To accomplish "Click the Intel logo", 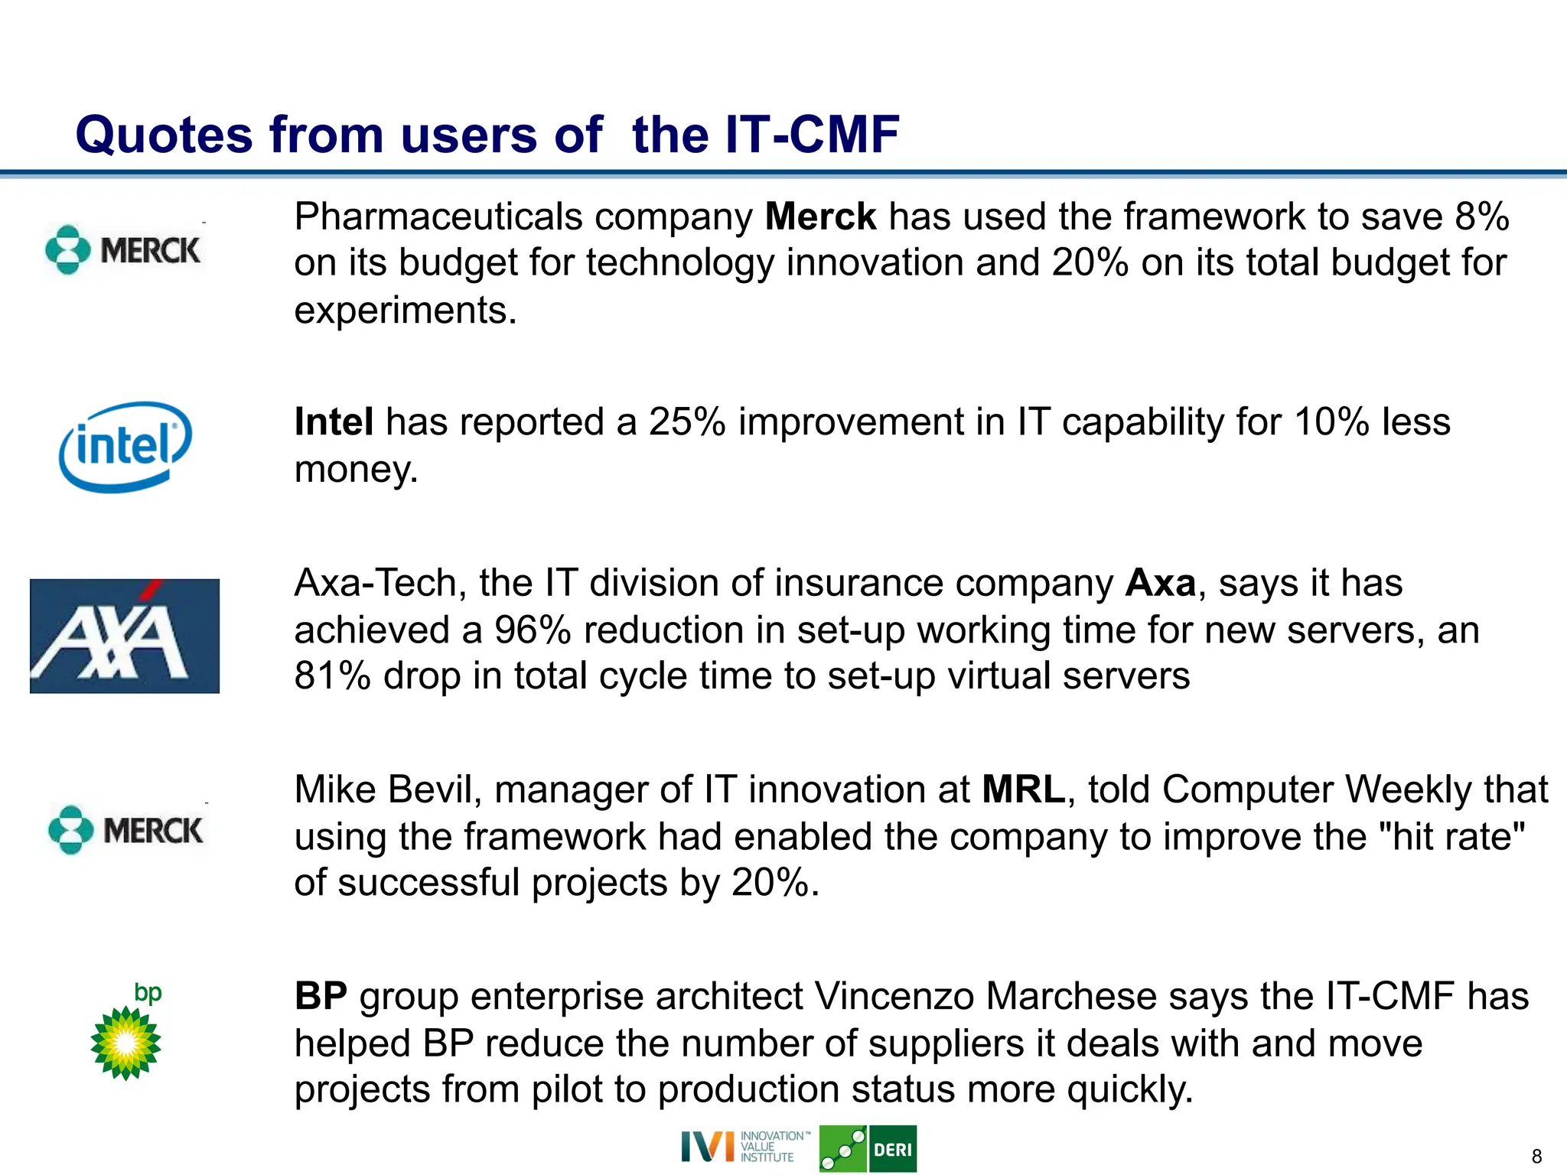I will click(x=125, y=447).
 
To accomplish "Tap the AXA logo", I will click(x=125, y=636).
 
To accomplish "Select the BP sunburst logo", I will click(x=126, y=1042).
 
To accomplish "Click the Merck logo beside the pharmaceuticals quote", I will click(x=123, y=249).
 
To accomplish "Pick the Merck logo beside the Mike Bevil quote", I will click(x=126, y=830).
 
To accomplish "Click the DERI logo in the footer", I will click(x=868, y=1149).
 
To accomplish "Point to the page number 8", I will click(x=1536, y=1157).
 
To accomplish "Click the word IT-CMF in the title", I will click(x=812, y=135).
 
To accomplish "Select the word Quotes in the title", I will click(x=164, y=135).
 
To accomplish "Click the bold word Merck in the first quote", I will click(x=820, y=216).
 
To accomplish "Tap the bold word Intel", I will click(x=334, y=422).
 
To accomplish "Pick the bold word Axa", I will click(x=1160, y=584).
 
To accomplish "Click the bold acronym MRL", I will click(x=1023, y=789).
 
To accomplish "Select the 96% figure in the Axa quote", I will click(x=533, y=630).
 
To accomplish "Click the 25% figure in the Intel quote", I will click(x=687, y=422).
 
